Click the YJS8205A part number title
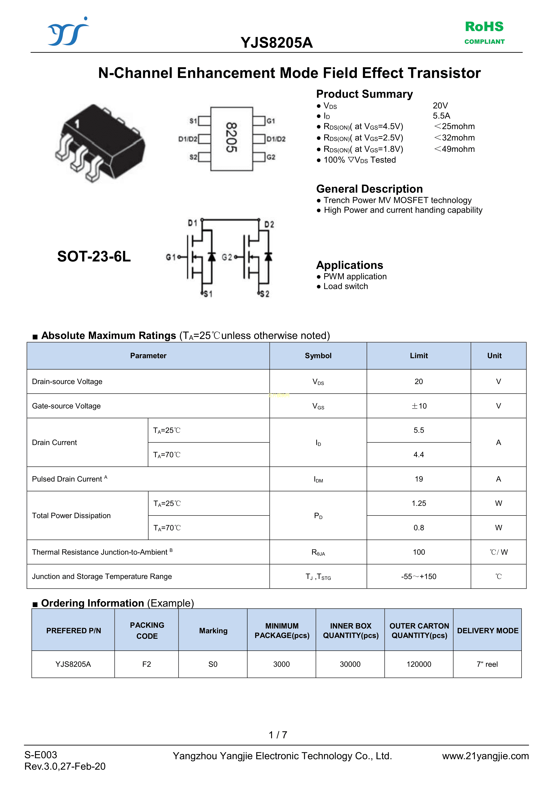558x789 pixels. click(x=277, y=43)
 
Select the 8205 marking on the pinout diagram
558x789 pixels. click(x=231, y=137)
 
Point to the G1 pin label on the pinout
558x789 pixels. click(x=271, y=121)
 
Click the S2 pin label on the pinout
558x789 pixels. click(x=193, y=157)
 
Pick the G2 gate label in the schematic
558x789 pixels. click(x=227, y=257)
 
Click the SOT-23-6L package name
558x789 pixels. click(x=94, y=256)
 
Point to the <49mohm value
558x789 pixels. click(x=454, y=149)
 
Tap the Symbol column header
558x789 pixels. click(x=318, y=356)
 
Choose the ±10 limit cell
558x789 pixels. click(x=419, y=406)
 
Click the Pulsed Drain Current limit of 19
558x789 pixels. click(x=419, y=479)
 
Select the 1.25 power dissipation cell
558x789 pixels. click(x=419, y=503)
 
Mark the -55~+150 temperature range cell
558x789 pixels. click(x=419, y=577)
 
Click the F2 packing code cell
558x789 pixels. click(x=146, y=664)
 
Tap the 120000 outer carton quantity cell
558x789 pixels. click(x=419, y=664)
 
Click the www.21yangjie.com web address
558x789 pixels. click(x=485, y=756)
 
